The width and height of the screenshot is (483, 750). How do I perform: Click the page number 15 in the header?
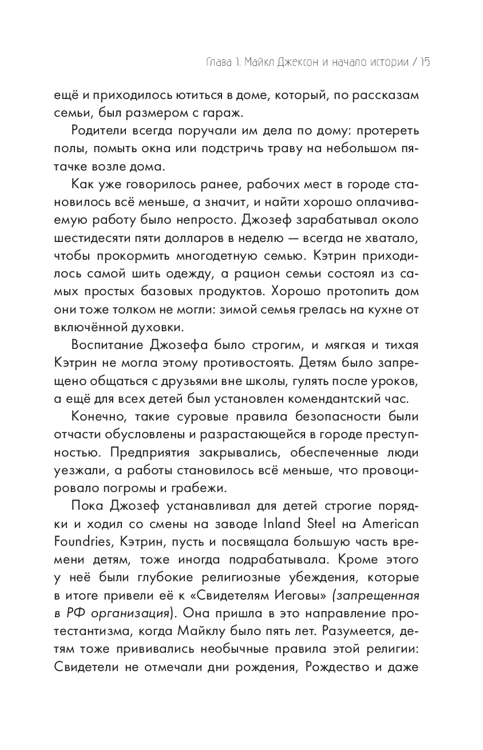pyautogui.click(x=424, y=62)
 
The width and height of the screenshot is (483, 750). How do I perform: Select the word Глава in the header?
pyautogui.click(x=205, y=62)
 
